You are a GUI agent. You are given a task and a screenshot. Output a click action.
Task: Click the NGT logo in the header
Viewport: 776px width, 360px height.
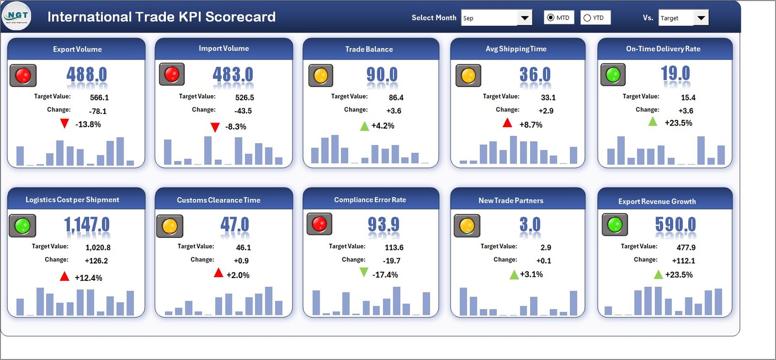[x=16, y=16]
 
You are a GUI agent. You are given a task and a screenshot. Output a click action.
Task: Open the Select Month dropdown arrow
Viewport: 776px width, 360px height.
[x=524, y=18]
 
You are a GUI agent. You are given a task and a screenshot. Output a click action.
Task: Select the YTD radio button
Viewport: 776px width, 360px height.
[x=587, y=18]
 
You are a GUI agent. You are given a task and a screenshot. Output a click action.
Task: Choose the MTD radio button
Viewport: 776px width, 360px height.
[x=550, y=18]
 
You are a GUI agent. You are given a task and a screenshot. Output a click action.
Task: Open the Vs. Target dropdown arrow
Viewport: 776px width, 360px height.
[x=701, y=18]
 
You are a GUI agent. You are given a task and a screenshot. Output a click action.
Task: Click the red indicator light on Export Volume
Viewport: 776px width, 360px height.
[x=23, y=76]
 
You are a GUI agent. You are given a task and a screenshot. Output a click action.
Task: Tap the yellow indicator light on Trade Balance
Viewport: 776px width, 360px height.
[x=321, y=76]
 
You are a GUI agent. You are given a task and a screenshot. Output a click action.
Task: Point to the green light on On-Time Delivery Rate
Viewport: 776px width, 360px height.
[x=613, y=75]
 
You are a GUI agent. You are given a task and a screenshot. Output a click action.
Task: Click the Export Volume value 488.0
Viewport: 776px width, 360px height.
[x=86, y=75]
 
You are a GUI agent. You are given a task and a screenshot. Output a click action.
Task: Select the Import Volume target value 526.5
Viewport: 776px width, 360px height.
[x=244, y=98]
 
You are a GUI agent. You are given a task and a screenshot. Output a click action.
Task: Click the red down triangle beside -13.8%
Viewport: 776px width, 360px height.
[x=65, y=124]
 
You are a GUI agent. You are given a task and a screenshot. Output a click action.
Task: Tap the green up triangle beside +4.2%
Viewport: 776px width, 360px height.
[x=365, y=126]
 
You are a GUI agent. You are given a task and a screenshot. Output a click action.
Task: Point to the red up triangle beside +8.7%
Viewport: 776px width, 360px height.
[x=507, y=123]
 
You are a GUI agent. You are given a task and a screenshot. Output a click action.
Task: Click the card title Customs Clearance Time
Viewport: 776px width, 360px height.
[x=218, y=200]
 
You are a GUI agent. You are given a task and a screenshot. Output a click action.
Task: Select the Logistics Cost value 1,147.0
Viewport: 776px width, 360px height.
[x=87, y=225]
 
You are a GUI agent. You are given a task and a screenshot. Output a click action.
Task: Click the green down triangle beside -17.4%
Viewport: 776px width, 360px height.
[x=364, y=273]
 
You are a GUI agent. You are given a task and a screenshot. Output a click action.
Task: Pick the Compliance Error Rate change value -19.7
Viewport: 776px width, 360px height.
[x=391, y=261]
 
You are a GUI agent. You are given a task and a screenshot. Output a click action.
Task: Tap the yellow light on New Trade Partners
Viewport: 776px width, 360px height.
[x=467, y=226]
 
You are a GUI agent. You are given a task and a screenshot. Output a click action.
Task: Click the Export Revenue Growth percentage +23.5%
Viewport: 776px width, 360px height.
[x=679, y=275]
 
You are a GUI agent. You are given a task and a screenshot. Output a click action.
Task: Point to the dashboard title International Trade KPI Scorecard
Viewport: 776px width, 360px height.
[x=161, y=17]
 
